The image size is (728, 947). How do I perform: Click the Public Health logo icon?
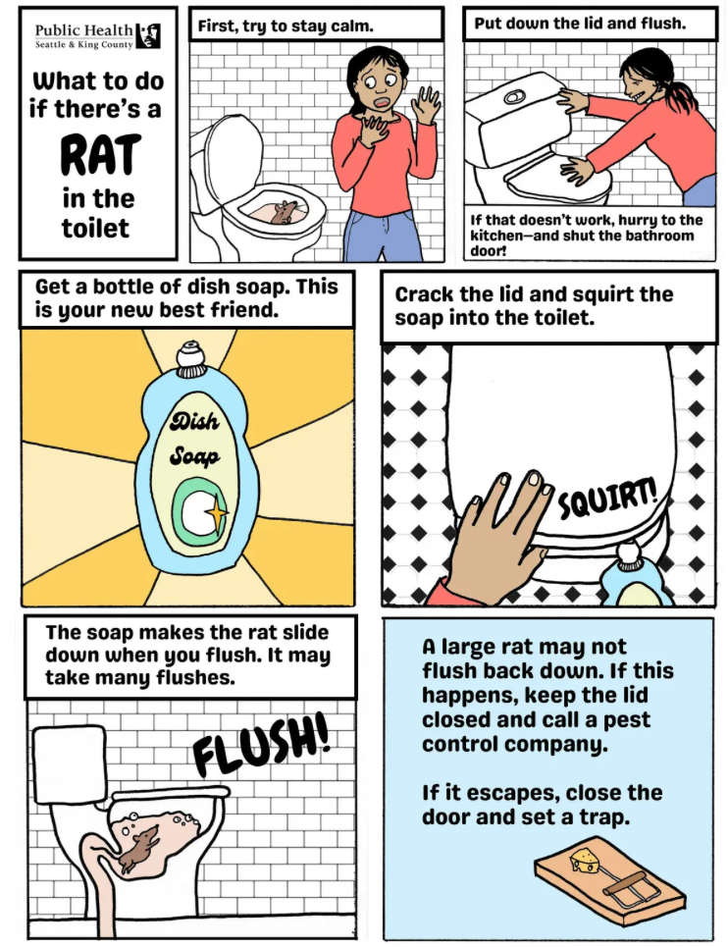[148, 35]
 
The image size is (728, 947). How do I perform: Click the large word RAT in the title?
[101, 155]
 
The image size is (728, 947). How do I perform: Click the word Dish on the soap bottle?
[193, 421]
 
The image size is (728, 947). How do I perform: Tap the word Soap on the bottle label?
[193, 454]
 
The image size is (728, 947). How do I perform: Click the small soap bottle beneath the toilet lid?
[632, 576]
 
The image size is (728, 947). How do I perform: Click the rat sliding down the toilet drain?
[139, 847]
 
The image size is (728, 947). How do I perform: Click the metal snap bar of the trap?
[629, 891]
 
